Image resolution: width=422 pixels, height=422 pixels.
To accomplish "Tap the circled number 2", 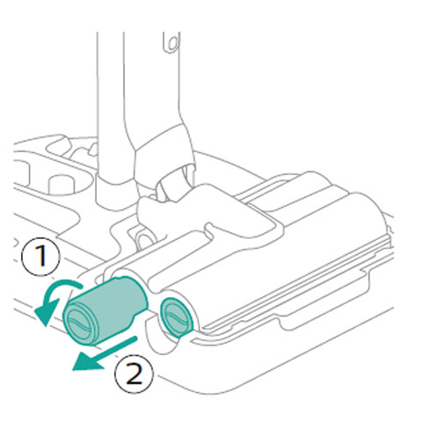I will click(x=133, y=375).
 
